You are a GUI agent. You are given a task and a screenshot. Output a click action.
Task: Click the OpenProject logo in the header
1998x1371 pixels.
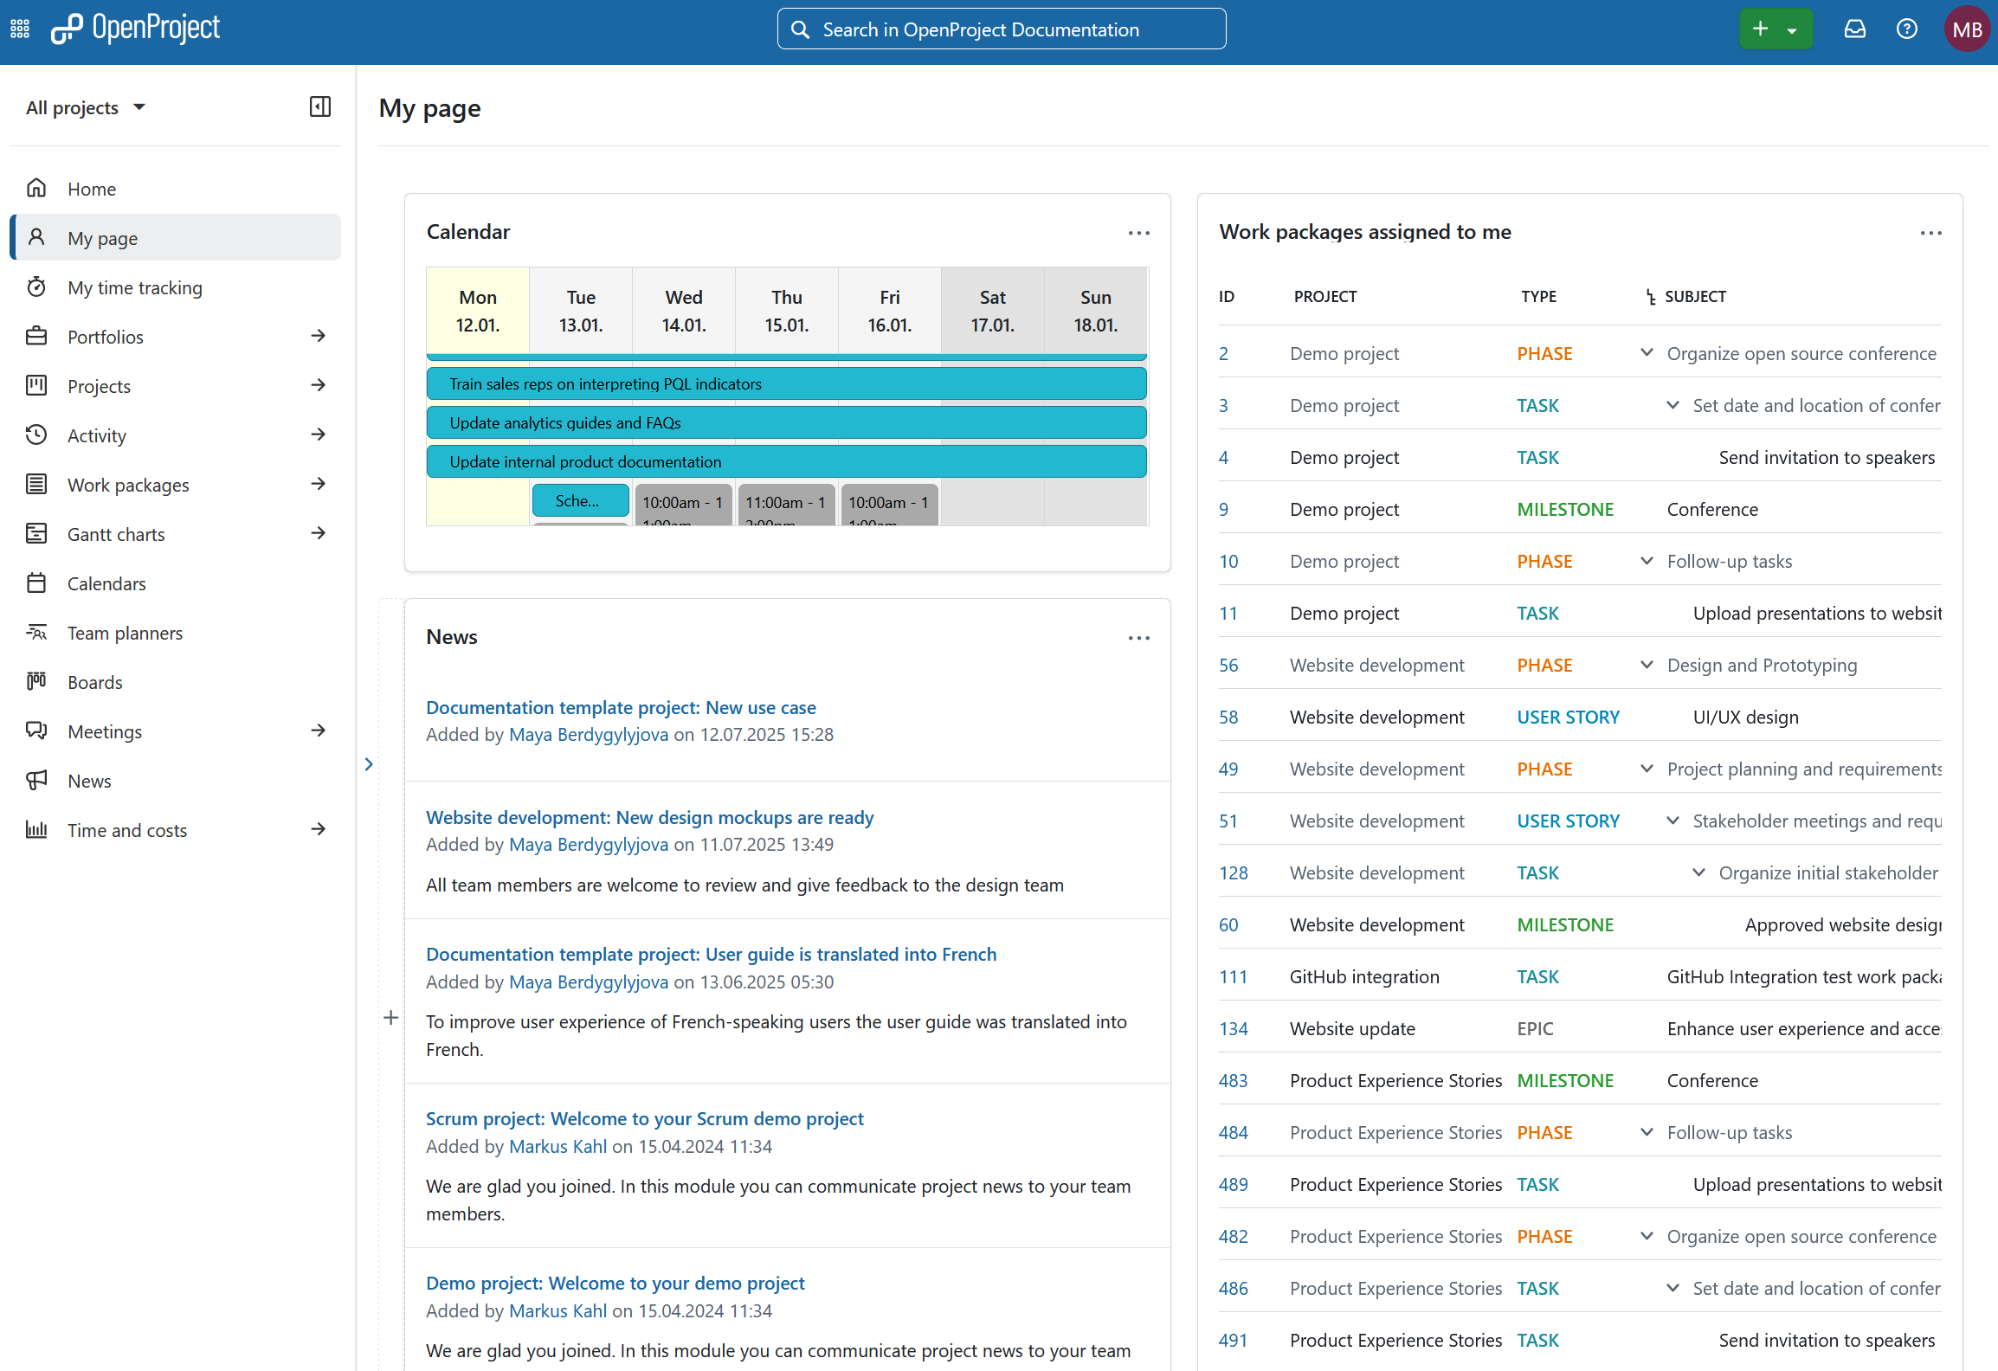(136, 29)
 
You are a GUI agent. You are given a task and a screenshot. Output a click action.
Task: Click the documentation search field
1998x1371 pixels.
(1001, 29)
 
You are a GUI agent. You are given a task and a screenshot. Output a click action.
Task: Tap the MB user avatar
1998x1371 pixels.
(1966, 29)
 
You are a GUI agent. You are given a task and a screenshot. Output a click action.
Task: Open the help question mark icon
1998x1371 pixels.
(1906, 29)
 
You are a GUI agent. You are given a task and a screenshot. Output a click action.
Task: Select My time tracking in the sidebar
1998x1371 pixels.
(135, 287)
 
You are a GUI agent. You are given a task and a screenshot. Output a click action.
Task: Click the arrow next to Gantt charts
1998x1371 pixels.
(318, 533)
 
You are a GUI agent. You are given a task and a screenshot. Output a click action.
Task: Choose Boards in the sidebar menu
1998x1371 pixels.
(95, 682)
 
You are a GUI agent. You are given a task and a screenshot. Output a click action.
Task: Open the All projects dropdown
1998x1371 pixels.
(85, 107)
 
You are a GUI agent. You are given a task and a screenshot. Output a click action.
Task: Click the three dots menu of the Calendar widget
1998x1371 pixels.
(1138, 233)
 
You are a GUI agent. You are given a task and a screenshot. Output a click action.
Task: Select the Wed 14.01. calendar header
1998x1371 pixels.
(684, 311)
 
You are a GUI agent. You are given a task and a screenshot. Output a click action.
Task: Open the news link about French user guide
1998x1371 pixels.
(711, 954)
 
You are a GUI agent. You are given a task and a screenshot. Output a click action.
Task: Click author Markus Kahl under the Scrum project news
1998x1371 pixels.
(558, 1146)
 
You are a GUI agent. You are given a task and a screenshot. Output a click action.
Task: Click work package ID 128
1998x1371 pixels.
(1233, 872)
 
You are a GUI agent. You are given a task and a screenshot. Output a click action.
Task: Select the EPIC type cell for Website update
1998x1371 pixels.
(1535, 1028)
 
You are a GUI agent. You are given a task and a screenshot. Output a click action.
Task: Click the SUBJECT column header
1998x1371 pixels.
(1694, 296)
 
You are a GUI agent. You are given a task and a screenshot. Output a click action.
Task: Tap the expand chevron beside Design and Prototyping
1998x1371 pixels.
(1647, 665)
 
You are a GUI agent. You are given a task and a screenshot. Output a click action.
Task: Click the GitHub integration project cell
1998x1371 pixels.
(1363, 976)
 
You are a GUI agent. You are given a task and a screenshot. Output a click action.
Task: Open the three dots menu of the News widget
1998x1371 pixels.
(1138, 638)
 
